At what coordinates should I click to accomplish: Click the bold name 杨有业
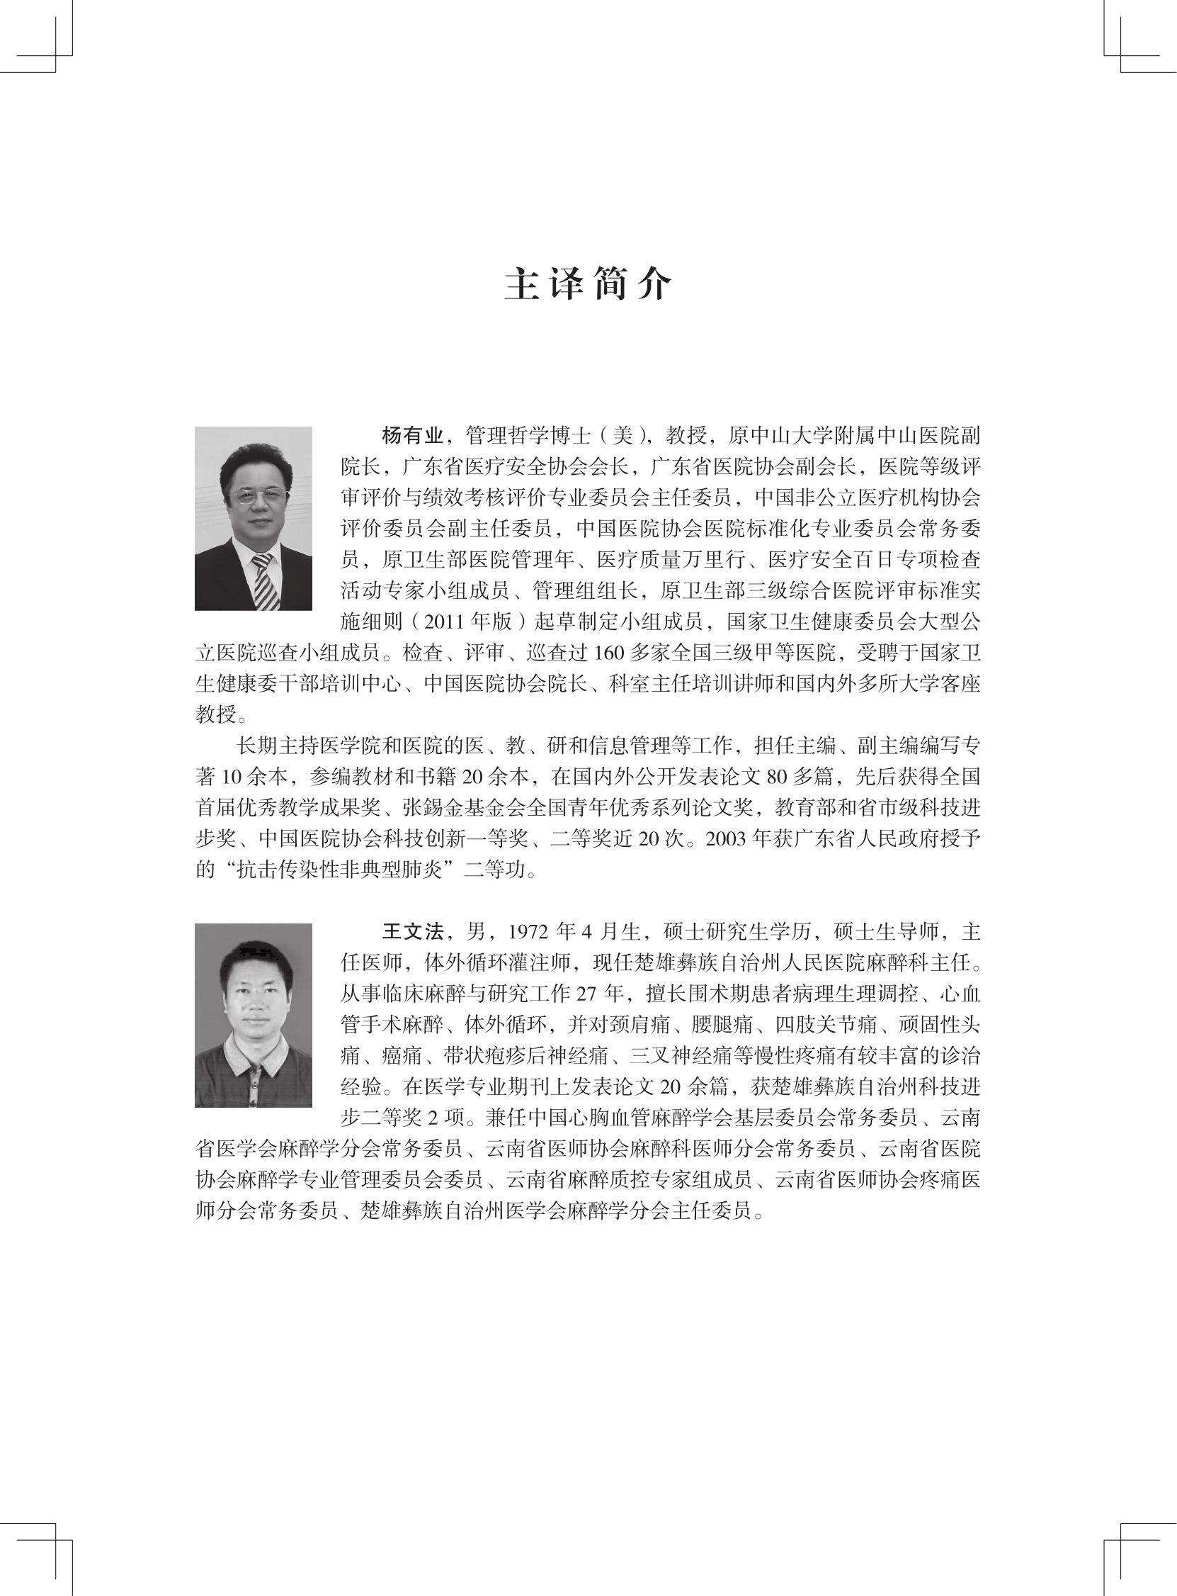click(413, 436)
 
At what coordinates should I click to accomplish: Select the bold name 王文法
click(413, 933)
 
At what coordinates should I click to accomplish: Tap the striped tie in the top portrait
click(264, 581)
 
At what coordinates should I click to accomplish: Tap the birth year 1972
click(527, 933)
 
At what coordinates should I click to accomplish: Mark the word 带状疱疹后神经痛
click(524, 1057)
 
